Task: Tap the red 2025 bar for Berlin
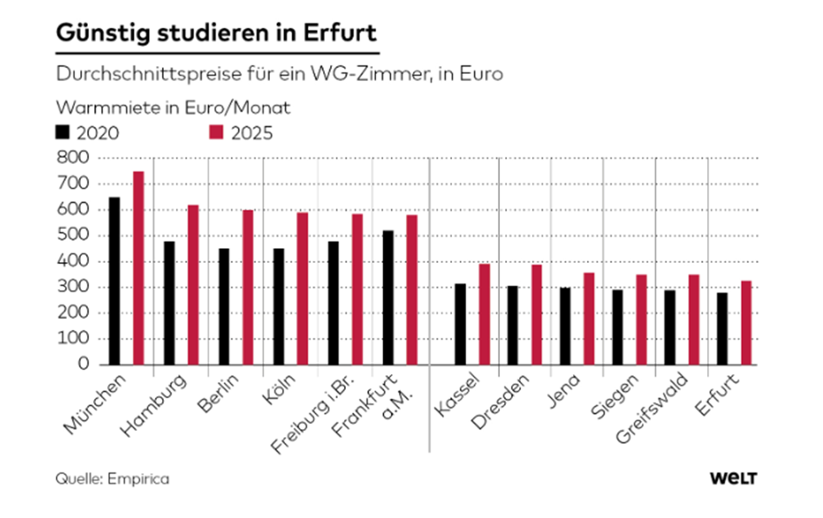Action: (247, 287)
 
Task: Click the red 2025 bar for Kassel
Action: (484, 314)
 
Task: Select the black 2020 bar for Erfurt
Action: (722, 328)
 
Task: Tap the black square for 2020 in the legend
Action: (63, 132)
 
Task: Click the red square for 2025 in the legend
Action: (217, 132)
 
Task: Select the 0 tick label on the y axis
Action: (84, 365)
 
